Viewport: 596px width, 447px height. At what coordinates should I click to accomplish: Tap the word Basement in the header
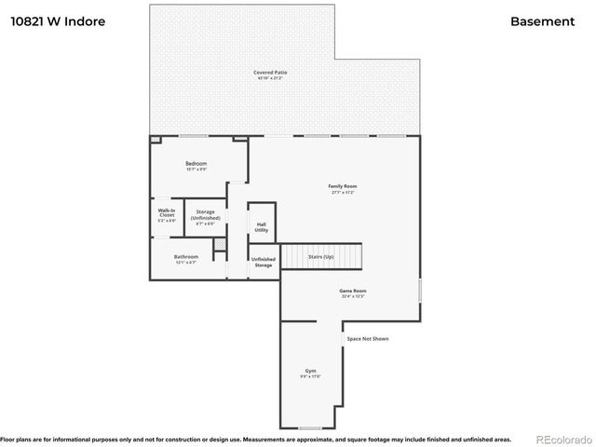click(x=542, y=20)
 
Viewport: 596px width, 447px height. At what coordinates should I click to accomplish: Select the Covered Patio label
click(x=269, y=73)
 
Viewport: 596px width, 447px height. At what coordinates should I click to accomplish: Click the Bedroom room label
click(x=196, y=164)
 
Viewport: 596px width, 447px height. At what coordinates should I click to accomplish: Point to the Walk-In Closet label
click(x=167, y=213)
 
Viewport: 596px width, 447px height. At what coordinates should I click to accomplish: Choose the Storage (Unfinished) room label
click(x=206, y=215)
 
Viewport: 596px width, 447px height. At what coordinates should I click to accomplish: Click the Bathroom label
click(x=185, y=257)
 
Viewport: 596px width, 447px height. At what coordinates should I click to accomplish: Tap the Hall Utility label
click(x=262, y=227)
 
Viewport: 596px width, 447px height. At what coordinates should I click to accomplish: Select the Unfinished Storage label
click(x=264, y=263)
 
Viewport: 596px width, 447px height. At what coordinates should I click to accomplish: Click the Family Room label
click(x=343, y=186)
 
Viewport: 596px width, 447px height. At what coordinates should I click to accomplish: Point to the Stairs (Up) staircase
click(x=321, y=256)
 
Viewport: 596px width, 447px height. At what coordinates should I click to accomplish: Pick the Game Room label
click(x=352, y=291)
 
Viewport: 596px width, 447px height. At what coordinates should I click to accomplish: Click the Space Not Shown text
click(x=367, y=338)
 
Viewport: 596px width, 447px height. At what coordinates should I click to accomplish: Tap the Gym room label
click(x=310, y=371)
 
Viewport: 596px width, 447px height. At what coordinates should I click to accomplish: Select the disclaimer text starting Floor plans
click(x=256, y=438)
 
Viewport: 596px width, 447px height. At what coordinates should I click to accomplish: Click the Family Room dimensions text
click(x=343, y=193)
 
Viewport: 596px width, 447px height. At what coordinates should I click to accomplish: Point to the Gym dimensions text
click(x=310, y=377)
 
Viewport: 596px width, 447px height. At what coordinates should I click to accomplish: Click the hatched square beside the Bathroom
click(x=220, y=245)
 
